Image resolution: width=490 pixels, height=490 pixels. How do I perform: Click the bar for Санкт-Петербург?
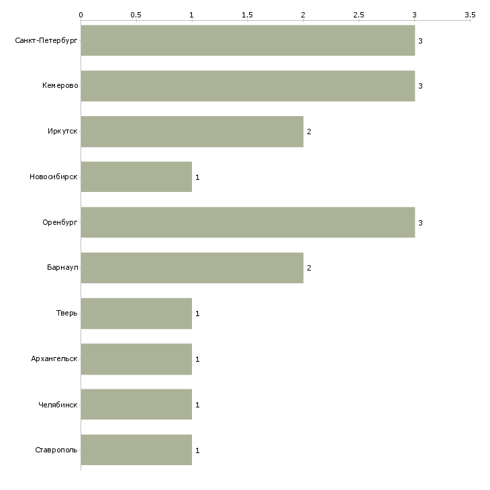tap(248, 41)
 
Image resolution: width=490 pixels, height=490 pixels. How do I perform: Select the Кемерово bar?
tap(248, 86)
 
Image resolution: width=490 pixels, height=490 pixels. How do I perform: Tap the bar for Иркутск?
tap(192, 132)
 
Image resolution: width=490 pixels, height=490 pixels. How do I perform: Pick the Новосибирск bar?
tap(136, 177)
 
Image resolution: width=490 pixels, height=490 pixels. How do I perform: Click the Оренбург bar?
tap(248, 223)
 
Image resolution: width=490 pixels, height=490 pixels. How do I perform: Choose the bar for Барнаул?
tap(192, 268)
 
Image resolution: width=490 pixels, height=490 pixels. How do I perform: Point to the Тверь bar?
tap(136, 313)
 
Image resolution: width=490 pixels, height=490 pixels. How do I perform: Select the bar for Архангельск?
tap(136, 359)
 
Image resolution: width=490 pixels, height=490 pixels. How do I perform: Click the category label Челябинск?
tap(58, 405)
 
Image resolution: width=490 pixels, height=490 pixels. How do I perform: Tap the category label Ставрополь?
tap(56, 450)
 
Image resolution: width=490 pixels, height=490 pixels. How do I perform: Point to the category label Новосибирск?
tap(54, 177)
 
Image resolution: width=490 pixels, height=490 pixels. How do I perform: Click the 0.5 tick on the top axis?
tap(136, 15)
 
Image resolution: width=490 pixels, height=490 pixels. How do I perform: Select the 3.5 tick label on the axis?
tap(470, 15)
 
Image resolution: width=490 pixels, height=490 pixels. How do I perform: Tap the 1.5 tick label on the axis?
tap(248, 15)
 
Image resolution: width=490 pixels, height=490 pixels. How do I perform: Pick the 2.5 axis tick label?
tap(358, 15)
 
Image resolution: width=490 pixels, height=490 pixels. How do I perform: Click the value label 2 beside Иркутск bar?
tap(309, 132)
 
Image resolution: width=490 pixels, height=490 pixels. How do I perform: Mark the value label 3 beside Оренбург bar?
tap(420, 223)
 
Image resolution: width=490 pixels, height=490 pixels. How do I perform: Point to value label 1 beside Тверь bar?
tap(197, 313)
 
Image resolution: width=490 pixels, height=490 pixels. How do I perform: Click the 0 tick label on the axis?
tap(81, 15)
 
